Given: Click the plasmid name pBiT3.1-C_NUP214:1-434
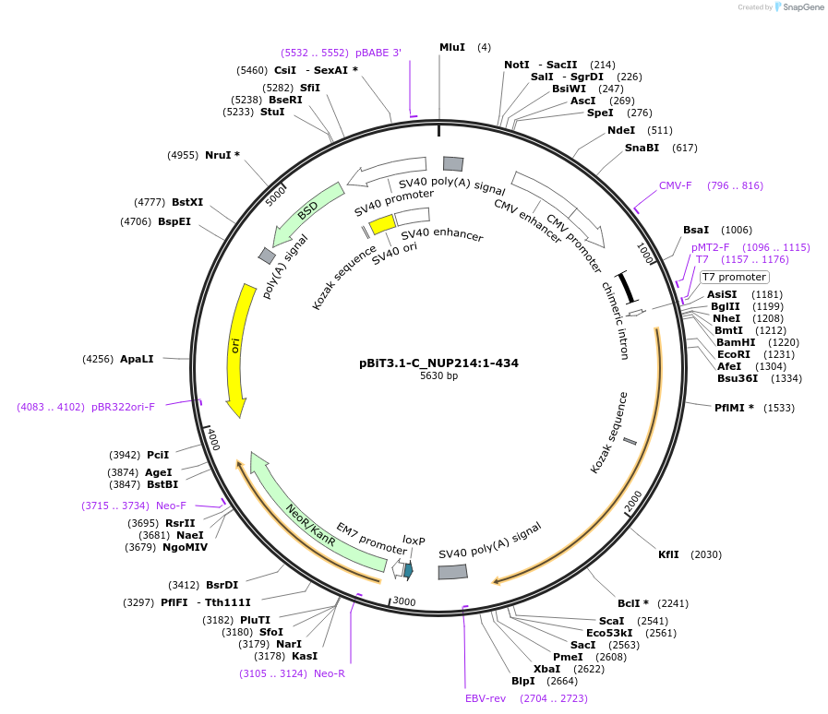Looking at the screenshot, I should (438, 363).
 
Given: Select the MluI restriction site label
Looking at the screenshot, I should (452, 47).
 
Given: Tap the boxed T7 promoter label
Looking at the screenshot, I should (734, 277).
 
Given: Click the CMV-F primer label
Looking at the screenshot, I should (675, 185).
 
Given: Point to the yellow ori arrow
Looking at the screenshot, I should (238, 349).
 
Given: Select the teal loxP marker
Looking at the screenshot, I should (408, 569).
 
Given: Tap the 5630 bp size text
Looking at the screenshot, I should (438, 376).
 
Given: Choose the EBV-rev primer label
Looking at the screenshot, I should (486, 698).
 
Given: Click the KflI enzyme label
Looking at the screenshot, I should (668, 554).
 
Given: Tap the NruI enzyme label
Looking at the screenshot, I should (219, 155).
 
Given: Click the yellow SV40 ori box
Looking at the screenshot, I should (382, 223).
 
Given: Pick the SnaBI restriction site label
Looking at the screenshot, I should (642, 148).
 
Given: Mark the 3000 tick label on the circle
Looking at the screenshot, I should (404, 601).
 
